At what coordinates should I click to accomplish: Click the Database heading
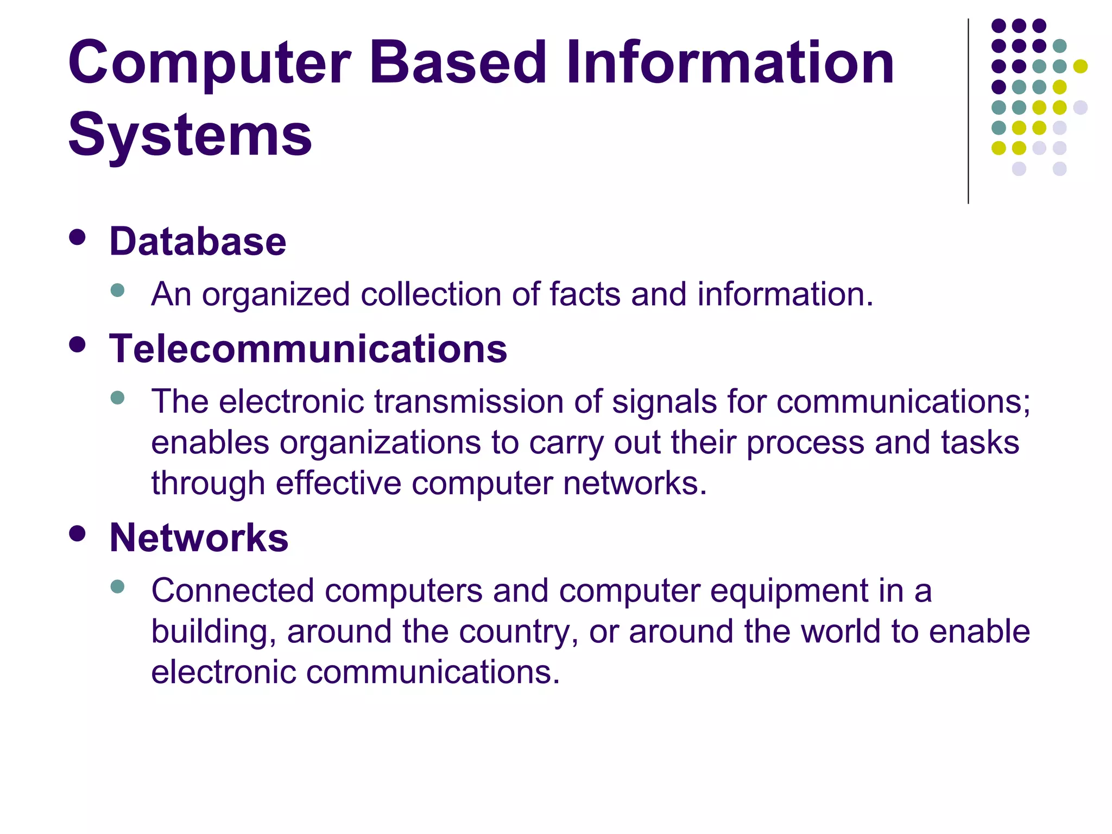click(198, 242)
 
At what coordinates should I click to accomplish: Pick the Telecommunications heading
click(308, 349)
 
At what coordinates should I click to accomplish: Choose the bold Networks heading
click(199, 538)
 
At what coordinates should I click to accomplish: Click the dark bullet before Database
click(78, 237)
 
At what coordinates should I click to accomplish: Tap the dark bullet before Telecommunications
click(78, 345)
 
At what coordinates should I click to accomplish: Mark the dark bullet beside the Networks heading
click(78, 533)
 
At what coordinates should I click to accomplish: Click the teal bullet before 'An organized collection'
click(117, 290)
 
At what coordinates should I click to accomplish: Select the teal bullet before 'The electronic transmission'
click(117, 397)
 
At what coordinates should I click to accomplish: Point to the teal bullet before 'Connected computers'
click(117, 586)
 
